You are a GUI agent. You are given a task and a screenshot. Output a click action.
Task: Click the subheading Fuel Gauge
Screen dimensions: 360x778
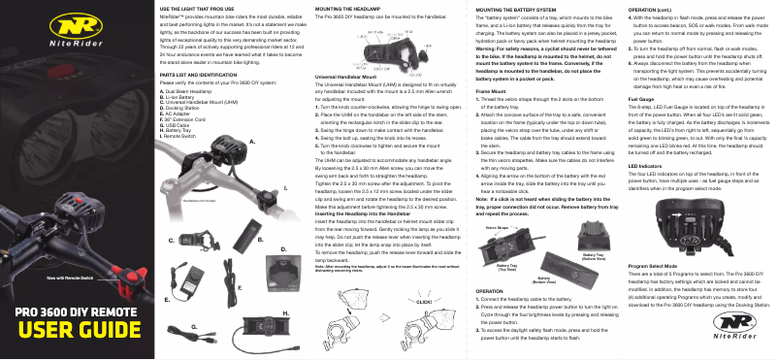click(x=642, y=100)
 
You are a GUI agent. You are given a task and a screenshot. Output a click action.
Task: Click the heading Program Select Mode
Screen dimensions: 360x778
click(x=660, y=265)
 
